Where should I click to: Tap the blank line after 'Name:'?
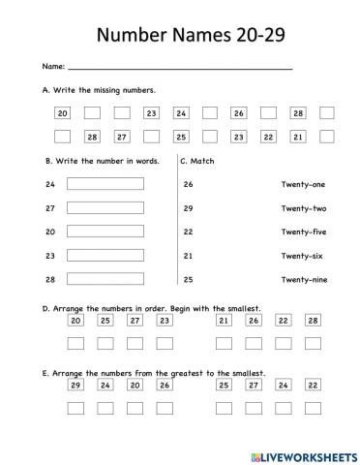[x=179, y=68]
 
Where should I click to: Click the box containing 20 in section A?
[x=63, y=113]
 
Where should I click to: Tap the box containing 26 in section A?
[x=238, y=113]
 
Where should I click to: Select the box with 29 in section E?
[x=75, y=385]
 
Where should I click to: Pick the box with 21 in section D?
[x=224, y=321]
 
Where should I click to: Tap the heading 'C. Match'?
[x=197, y=161]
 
